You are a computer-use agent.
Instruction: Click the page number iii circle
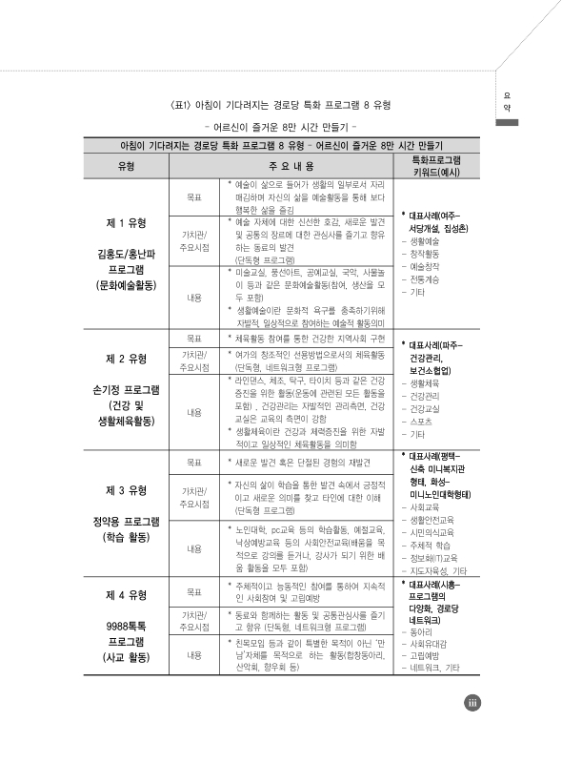(472, 731)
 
